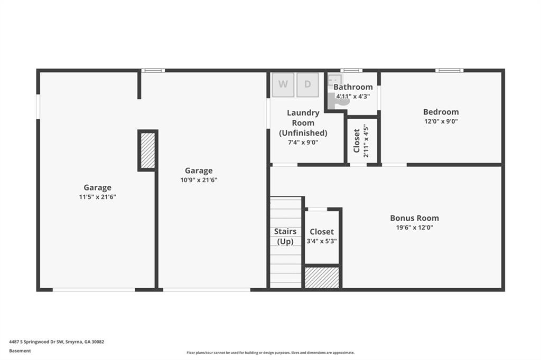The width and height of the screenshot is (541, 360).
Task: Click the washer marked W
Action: point(283,84)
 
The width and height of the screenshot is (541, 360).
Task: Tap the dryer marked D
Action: point(307,84)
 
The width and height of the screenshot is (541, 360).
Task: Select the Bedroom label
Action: point(441,112)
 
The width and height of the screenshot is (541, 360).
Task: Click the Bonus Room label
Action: point(414,218)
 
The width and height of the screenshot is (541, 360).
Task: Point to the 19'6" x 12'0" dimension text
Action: point(414,227)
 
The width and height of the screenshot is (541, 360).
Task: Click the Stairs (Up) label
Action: point(285,236)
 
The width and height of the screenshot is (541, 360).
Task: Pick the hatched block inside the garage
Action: point(148,150)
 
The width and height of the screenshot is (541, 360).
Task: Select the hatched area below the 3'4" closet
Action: point(322,277)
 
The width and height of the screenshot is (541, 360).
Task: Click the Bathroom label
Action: point(353,87)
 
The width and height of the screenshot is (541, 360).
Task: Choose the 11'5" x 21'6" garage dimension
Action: point(97,197)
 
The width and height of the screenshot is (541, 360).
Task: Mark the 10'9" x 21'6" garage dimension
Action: point(199,179)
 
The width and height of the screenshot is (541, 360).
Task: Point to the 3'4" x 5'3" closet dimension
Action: point(322,241)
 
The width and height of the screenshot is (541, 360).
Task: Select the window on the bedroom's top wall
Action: point(449,70)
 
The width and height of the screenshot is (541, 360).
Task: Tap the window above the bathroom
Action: point(351,70)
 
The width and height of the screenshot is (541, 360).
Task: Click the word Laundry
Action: point(303,113)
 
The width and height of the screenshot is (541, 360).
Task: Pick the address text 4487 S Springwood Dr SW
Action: point(36,342)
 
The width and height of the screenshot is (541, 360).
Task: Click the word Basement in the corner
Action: point(20,350)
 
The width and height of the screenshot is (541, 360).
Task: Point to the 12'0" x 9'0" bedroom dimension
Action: point(441,121)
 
